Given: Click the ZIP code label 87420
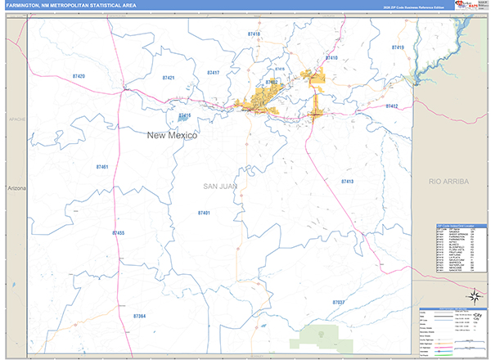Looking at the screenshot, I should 79,75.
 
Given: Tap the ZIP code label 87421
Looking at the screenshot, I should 169,78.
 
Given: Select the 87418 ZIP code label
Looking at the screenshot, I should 254,34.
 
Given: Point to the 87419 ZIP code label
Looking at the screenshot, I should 398,48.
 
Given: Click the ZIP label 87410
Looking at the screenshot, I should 331,59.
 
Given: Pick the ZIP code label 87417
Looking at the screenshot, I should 213,73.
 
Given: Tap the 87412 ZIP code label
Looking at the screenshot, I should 391,106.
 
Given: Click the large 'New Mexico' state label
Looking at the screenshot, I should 172,136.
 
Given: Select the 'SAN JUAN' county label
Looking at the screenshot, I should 219,187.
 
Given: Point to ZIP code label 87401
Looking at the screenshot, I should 205,213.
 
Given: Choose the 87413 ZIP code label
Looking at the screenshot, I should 347,181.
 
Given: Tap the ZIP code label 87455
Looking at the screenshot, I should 118,234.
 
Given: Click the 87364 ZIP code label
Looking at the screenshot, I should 139,316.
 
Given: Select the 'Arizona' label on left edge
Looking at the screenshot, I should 17,188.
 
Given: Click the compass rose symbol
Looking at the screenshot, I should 473,296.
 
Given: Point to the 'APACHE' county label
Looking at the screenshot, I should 17,119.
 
